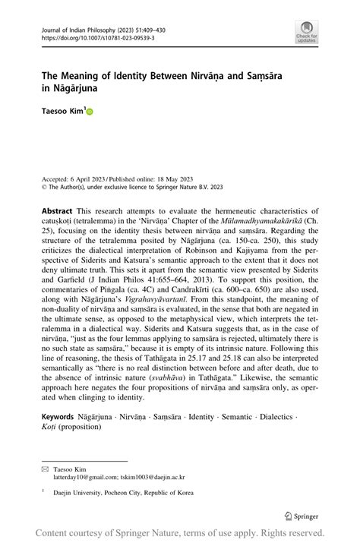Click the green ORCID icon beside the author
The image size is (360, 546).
(89, 111)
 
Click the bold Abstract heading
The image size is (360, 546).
(58, 210)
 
